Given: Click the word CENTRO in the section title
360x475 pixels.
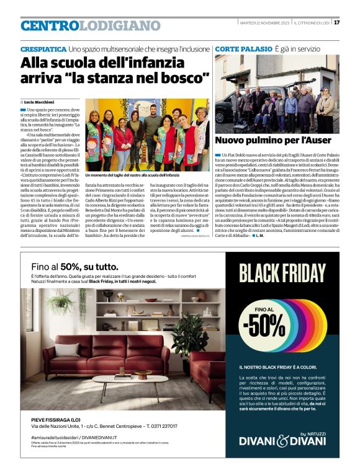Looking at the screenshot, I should [50, 25].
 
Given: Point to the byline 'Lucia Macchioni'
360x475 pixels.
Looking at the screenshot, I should [41, 101].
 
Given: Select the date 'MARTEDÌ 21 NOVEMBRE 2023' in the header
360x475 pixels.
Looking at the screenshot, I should [264, 23].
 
